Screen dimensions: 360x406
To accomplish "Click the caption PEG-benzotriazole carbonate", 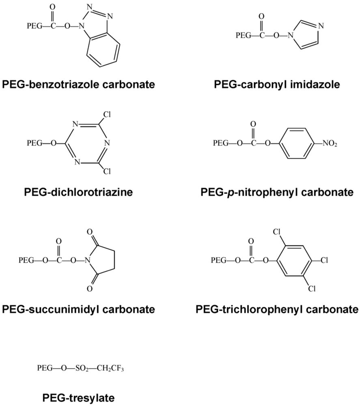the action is pyautogui.click(x=78, y=84).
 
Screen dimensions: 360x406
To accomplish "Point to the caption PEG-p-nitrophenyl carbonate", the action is pyautogui.click(x=277, y=192).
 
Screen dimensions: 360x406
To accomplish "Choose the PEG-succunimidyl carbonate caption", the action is pyautogui.click(x=78, y=309).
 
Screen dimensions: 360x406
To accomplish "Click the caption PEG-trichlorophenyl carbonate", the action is pyautogui.click(x=277, y=309).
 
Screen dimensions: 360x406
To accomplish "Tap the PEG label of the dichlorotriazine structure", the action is pyautogui.click(x=35, y=143).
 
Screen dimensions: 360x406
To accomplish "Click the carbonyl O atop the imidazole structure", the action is pyautogui.click(x=261, y=17).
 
